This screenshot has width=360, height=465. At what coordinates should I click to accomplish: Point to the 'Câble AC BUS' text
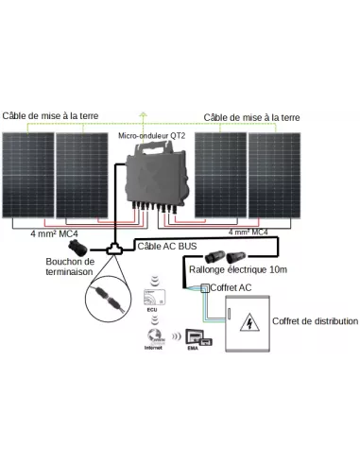coord(162,247)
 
